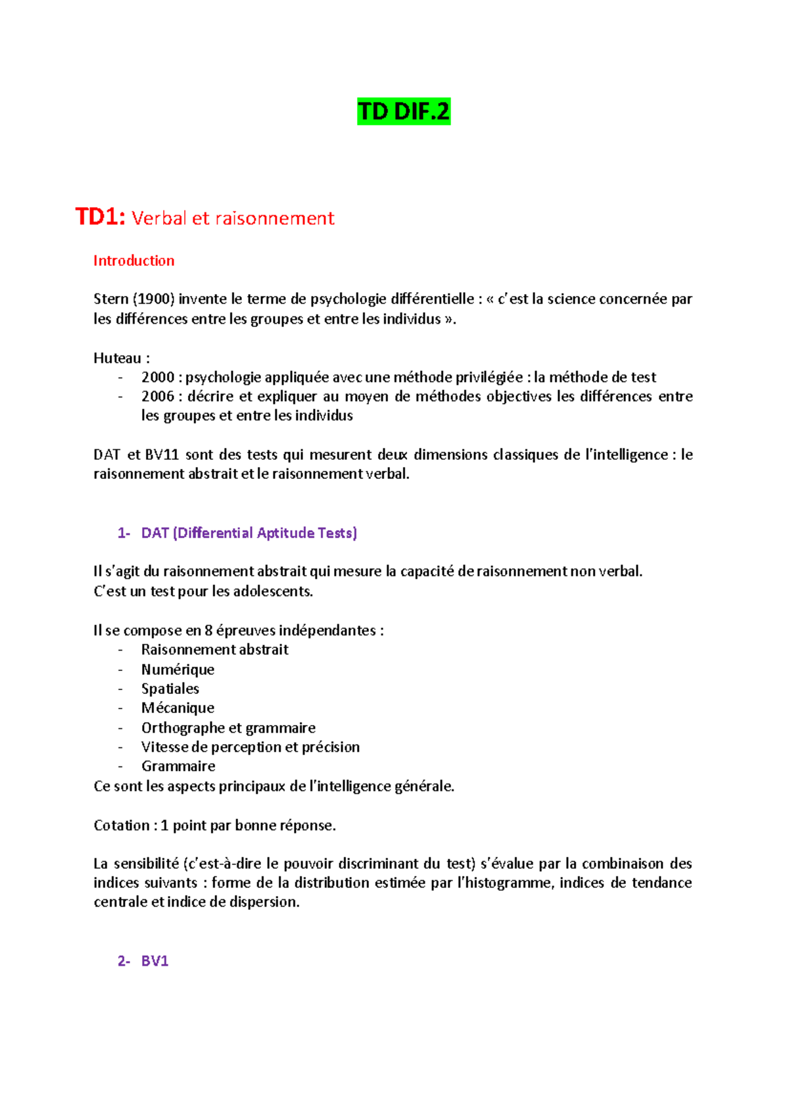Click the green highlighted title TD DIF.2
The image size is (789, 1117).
404,112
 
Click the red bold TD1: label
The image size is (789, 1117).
100,216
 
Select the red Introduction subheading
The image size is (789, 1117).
133,261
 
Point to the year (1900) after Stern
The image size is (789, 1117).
154,299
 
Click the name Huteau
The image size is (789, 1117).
118,358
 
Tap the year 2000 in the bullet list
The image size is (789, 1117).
158,378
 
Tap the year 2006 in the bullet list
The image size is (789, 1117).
158,397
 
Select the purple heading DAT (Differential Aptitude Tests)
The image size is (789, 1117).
249,533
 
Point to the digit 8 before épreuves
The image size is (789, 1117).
208,631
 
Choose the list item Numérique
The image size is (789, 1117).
178,670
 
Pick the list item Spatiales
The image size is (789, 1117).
170,689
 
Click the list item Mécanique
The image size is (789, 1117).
178,708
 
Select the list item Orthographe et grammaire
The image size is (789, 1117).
228,728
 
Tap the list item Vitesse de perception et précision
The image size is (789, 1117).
251,747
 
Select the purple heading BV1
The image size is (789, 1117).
155,961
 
